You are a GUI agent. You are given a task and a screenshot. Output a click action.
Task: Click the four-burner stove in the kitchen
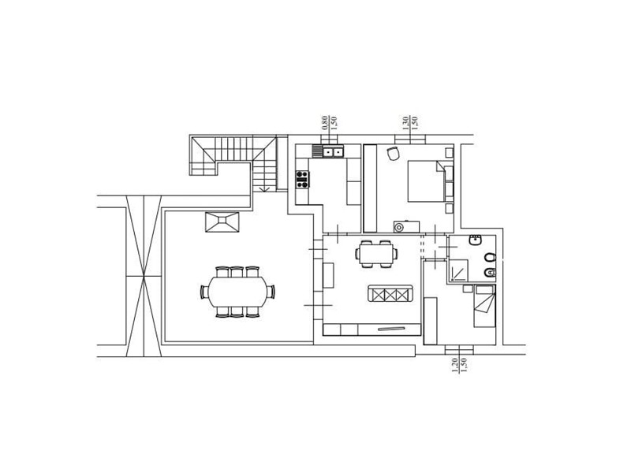302,179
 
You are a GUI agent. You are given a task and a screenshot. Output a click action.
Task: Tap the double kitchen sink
330,151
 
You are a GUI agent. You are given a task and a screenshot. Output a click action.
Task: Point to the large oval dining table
237,291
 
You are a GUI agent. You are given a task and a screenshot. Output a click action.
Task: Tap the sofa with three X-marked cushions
390,293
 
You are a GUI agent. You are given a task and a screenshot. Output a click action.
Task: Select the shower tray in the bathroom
459,270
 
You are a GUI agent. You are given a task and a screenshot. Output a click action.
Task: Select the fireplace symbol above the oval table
222,222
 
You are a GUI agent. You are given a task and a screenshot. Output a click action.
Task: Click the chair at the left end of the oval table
204,291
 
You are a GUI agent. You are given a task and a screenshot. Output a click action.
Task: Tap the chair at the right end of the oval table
271,291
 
